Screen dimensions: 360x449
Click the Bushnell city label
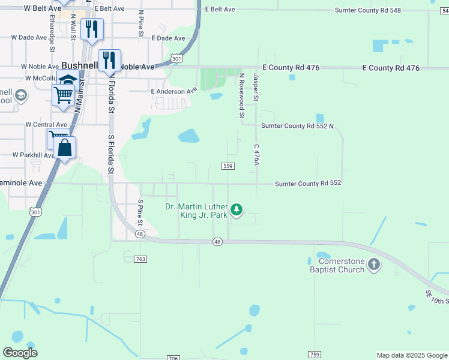point(82,66)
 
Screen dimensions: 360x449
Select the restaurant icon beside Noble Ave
point(109,60)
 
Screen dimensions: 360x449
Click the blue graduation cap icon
point(68,80)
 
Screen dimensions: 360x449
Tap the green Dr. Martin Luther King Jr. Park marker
point(237,209)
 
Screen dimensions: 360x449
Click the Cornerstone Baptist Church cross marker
point(373,265)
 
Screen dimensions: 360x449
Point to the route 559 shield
point(228,166)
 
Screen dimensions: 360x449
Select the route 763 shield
point(141,259)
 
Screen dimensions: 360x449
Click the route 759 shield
point(314,355)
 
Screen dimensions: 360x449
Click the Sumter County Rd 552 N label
point(297,126)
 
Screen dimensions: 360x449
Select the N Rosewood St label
point(242,95)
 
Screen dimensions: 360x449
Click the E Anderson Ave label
point(173,91)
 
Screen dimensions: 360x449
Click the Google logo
point(20,353)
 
